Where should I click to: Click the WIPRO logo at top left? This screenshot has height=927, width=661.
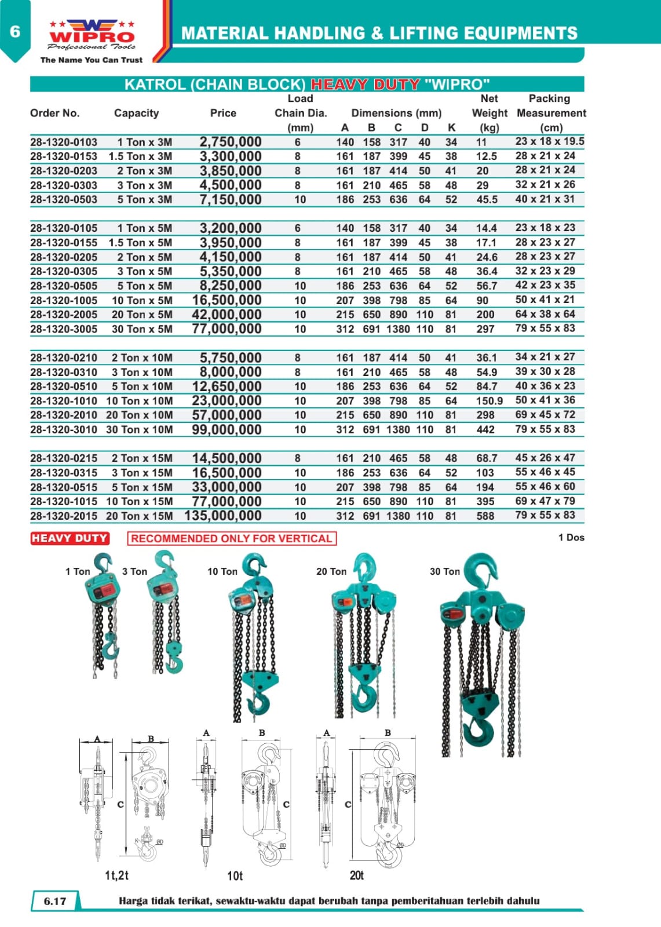(x=92, y=35)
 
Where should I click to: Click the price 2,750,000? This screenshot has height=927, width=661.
(x=230, y=142)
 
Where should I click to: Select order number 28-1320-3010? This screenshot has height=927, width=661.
(x=64, y=430)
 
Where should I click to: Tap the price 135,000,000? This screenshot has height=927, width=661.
(x=223, y=516)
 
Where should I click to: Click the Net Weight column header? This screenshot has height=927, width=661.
(x=489, y=113)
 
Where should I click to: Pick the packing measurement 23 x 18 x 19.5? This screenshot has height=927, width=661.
(x=549, y=141)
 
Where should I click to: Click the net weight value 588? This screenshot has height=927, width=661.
(x=485, y=516)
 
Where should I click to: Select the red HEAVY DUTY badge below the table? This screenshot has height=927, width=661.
(x=70, y=538)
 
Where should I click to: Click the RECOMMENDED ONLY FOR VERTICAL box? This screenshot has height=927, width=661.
(x=231, y=538)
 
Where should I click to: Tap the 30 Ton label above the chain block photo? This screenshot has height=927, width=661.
(x=444, y=571)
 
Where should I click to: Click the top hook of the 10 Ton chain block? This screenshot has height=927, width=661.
(x=255, y=565)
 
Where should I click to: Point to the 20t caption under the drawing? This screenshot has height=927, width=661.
(x=356, y=875)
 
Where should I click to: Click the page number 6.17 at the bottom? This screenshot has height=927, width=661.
(x=55, y=901)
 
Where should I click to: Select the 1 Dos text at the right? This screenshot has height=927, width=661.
(x=571, y=538)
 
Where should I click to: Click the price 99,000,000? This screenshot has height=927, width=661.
(x=227, y=430)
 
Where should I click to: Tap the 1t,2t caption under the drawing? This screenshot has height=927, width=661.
(x=116, y=875)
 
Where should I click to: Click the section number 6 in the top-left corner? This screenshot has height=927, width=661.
(x=15, y=31)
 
